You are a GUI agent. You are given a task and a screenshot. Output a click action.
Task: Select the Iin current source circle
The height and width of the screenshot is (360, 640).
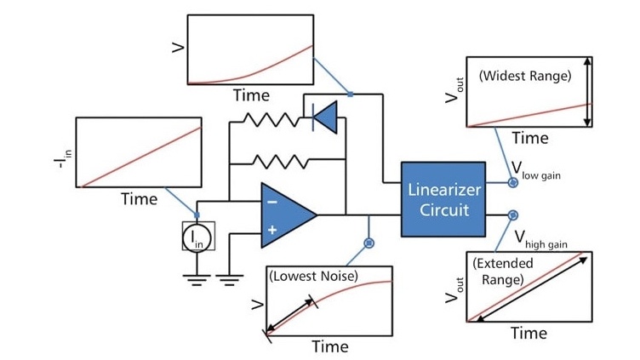point(197,237)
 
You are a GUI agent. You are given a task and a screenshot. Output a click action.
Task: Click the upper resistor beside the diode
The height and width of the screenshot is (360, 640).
point(266,120)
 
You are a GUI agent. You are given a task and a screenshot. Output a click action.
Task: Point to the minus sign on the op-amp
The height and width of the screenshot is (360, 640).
point(271,203)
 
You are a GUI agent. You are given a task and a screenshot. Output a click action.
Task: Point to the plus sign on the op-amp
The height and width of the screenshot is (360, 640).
point(271,229)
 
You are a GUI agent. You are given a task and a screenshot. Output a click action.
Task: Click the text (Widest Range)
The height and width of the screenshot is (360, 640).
point(524,76)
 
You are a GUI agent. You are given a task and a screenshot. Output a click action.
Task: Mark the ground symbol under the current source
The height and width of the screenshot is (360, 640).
point(197,278)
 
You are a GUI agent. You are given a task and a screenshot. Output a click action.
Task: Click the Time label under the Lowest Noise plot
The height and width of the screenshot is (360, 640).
point(329,346)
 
